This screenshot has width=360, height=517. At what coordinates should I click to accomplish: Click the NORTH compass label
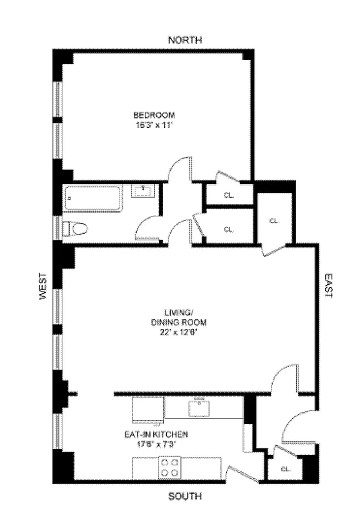pos(185,40)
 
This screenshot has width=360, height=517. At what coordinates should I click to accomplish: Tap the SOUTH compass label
pos(185,496)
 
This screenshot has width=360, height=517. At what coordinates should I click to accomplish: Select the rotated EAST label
pos(328,285)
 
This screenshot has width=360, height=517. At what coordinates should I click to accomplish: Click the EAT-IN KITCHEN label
pos(152,436)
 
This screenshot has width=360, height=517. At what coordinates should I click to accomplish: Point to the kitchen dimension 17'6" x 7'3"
pos(152,445)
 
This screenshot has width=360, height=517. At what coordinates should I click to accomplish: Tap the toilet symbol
pos(74,228)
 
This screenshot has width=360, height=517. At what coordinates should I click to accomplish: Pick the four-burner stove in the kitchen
pos(171,467)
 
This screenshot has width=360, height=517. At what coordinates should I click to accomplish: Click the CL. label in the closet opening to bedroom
pos(228,195)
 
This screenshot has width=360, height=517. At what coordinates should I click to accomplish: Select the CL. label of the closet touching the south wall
pos(284,469)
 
